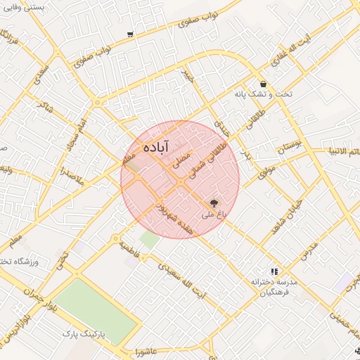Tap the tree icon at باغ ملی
[213, 202]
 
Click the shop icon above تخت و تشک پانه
[262, 83]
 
